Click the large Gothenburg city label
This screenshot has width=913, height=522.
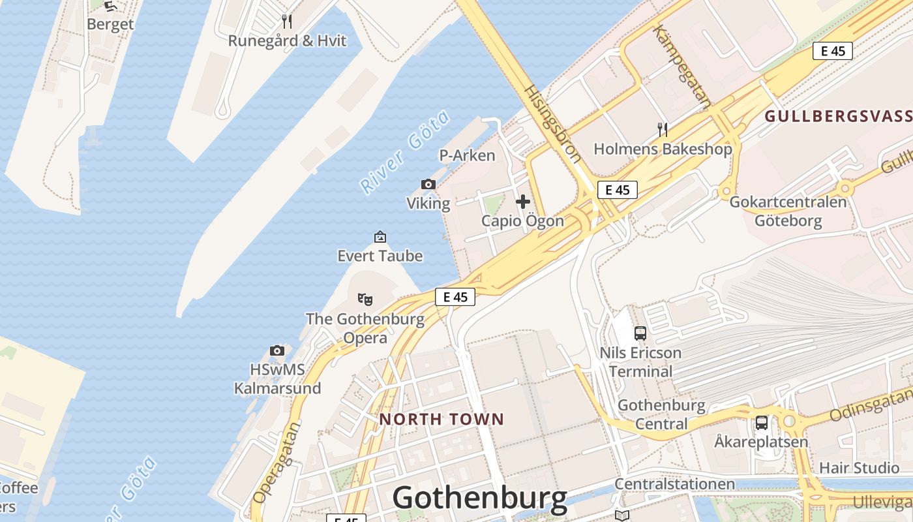(479, 498)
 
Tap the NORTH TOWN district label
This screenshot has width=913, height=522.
(442, 419)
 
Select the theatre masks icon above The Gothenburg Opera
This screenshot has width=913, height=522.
(365, 299)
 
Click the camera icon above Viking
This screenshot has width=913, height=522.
(428, 185)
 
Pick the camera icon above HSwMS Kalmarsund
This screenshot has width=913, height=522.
(277, 350)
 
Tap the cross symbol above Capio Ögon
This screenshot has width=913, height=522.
(522, 202)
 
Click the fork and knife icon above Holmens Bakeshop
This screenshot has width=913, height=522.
(663, 129)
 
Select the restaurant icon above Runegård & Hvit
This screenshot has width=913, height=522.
(286, 22)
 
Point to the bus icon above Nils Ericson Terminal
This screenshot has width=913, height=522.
(640, 333)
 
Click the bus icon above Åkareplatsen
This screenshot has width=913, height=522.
(761, 423)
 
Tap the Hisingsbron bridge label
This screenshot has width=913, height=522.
(552, 123)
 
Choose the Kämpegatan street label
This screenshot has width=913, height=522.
(681, 66)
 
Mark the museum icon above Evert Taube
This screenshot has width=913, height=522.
(380, 237)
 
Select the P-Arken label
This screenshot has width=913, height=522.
(467, 155)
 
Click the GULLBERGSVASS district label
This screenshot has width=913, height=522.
(838, 117)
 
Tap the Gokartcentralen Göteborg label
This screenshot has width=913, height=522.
(788, 211)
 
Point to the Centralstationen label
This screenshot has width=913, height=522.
(675, 484)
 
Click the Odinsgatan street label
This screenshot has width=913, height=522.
(871, 405)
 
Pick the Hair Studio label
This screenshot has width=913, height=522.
(859, 468)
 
